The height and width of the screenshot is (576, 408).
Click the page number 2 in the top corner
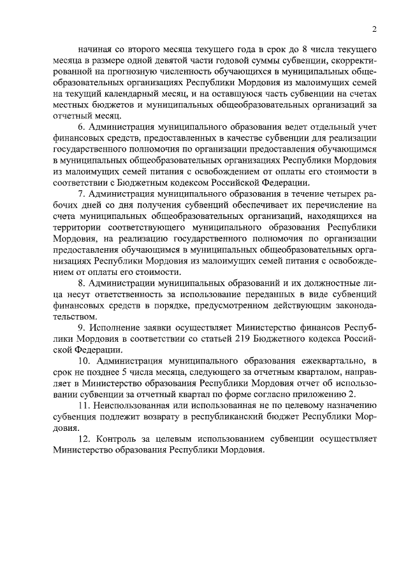[x=375, y=29]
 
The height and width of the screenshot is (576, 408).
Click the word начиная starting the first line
[x=94, y=49]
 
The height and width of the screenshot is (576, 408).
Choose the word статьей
[x=233, y=339]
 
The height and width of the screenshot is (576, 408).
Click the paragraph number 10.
[x=84, y=362]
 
